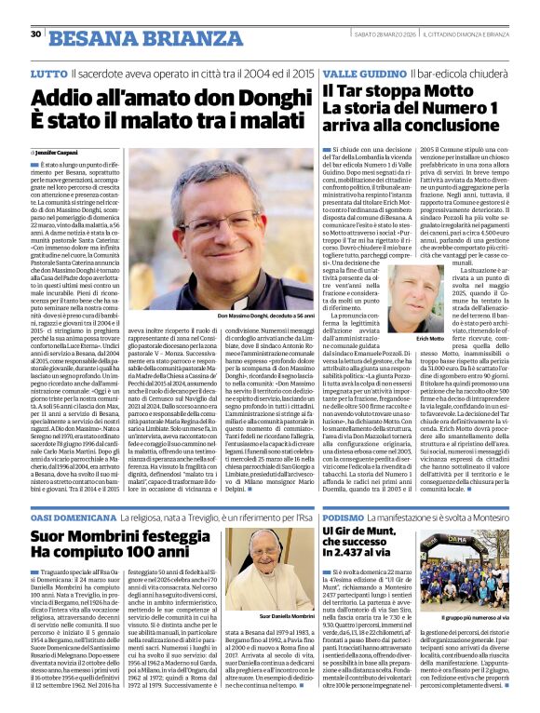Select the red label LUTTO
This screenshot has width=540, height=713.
click(x=48, y=73)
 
